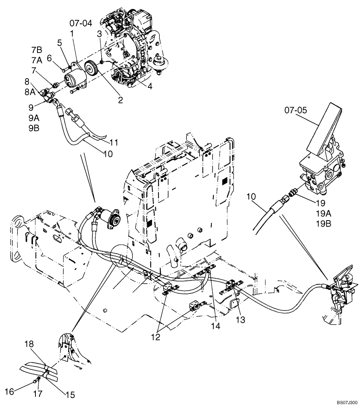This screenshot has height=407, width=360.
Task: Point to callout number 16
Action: coord(12,391)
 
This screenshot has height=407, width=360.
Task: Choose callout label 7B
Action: coord(37,50)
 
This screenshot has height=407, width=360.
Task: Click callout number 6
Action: coord(50,59)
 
